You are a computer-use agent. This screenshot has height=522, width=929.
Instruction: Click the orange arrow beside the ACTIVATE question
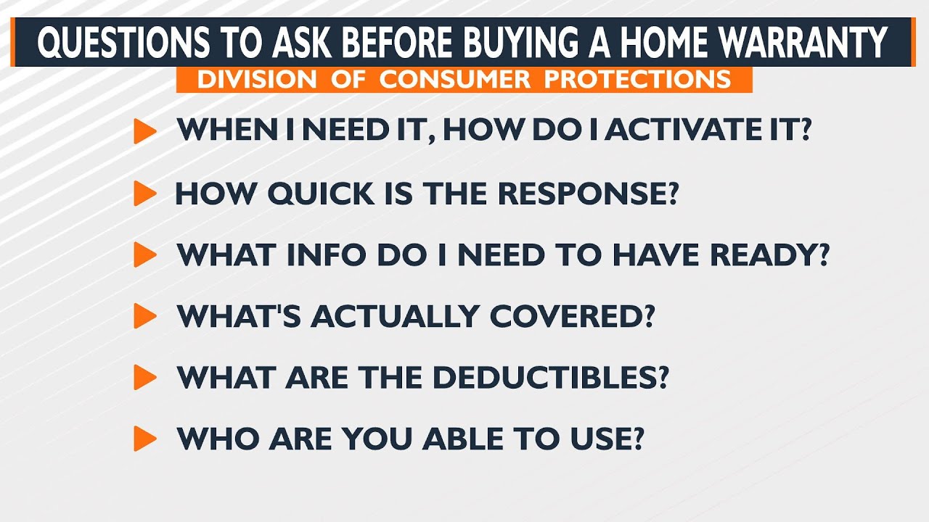(x=145, y=131)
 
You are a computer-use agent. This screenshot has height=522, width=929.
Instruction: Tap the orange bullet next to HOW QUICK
(x=145, y=194)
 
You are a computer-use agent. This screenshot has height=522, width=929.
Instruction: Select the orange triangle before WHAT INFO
(x=145, y=254)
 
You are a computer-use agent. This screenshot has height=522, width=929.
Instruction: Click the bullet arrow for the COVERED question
(x=145, y=316)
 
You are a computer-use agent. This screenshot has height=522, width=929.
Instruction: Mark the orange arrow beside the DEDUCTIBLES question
(x=145, y=378)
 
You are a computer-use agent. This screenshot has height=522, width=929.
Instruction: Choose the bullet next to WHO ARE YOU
(x=145, y=439)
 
